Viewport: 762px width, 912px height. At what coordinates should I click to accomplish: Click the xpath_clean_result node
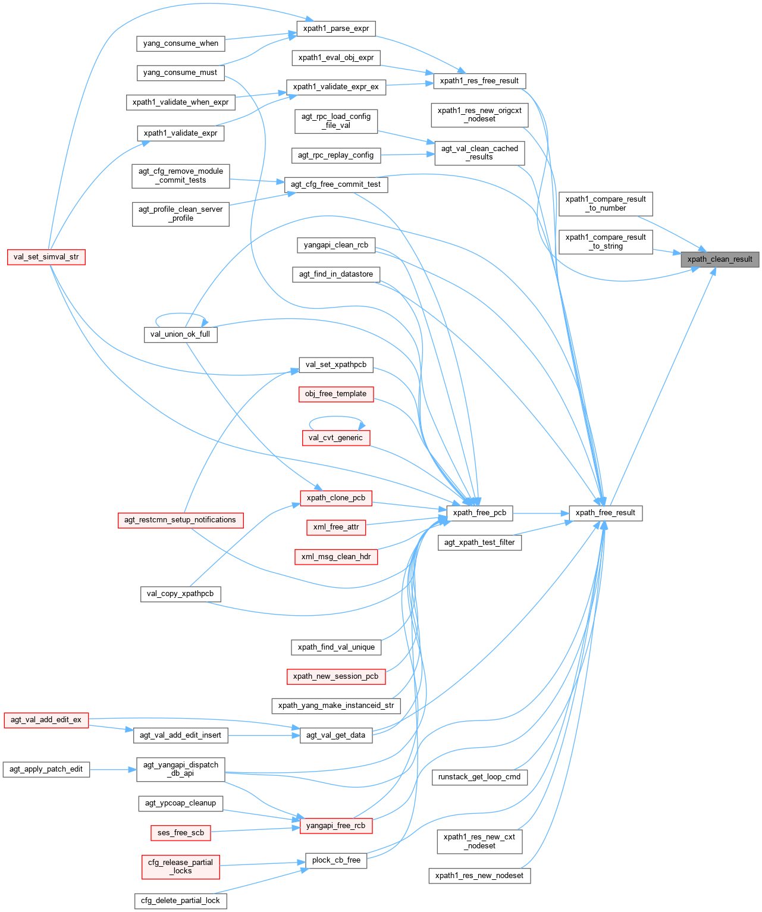click(720, 259)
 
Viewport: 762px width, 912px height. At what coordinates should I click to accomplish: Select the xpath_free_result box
click(606, 513)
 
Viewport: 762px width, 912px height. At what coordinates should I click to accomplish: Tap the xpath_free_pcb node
click(479, 513)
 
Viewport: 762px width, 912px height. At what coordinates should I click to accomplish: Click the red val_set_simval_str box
click(46, 257)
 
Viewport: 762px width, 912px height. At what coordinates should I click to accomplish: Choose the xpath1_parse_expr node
click(336, 29)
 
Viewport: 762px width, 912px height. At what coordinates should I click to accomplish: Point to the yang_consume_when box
click(181, 43)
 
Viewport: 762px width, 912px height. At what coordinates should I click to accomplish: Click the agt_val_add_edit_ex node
click(46, 720)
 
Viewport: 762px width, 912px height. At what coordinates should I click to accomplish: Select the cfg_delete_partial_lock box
click(180, 901)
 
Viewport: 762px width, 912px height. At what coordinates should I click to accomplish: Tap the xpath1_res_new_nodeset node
click(479, 876)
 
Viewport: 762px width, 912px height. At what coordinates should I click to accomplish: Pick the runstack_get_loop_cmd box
click(479, 777)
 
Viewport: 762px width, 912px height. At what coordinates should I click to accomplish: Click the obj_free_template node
click(336, 394)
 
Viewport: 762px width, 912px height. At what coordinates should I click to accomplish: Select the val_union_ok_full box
click(180, 334)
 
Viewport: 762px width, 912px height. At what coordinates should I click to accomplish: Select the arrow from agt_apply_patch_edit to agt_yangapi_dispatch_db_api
click(113, 769)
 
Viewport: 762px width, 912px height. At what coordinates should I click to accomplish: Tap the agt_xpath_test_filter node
click(479, 543)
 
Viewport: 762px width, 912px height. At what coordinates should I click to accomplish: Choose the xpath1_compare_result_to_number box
click(606, 204)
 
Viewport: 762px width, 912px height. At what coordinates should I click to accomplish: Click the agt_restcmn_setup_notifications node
click(180, 520)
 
